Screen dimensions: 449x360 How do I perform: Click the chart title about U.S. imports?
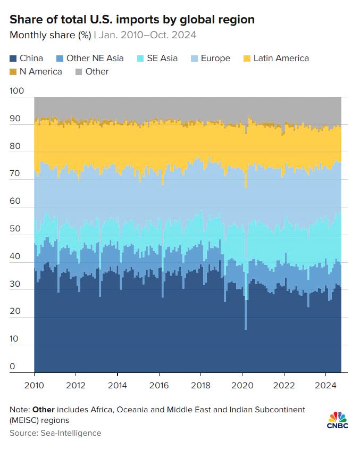click(132, 20)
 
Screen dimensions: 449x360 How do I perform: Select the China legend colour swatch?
click(13, 59)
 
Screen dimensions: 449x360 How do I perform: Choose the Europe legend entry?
click(215, 59)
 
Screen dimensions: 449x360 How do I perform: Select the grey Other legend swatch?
click(78, 71)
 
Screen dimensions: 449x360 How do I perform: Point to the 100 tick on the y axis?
click(17, 91)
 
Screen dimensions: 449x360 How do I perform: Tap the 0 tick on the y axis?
click(13, 367)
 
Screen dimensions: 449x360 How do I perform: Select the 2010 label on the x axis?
click(35, 385)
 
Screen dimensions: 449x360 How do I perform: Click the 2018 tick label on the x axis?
click(200, 385)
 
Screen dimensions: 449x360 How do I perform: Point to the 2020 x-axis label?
click(242, 385)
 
